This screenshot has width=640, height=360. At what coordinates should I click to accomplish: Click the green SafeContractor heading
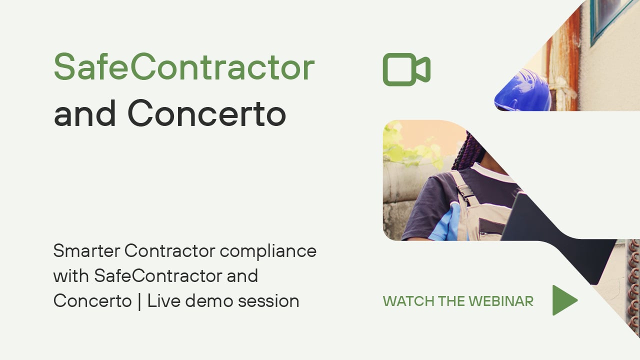[184, 66]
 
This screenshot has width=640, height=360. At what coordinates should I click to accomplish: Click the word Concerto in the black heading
[206, 113]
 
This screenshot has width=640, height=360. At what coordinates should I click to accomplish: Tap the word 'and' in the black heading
[85, 113]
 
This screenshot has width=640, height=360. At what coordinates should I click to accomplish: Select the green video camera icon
[406, 69]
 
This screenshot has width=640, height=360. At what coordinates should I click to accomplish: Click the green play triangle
[564, 300]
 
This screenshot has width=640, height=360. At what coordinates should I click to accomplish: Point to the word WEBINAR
[501, 301]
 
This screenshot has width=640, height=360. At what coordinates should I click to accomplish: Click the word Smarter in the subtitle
[86, 251]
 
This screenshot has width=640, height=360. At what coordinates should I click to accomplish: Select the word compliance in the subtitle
[268, 252]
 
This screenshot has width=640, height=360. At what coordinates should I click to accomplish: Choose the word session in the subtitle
[268, 301]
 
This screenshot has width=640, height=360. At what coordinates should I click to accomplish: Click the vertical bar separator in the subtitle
[139, 301]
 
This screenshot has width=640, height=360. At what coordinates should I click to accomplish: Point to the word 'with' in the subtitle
[71, 275]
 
